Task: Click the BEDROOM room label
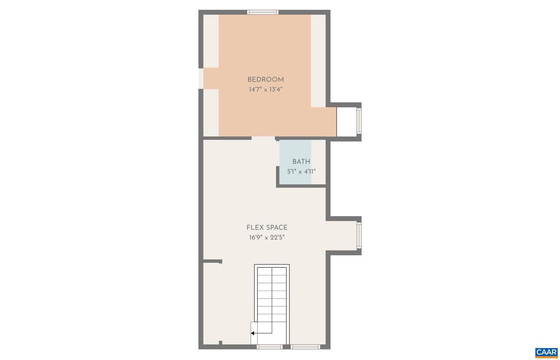[x=266, y=80]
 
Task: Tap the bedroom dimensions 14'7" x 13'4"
[x=266, y=89]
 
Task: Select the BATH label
[x=301, y=162]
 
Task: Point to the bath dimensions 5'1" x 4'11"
[x=301, y=171]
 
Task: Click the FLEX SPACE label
[x=267, y=228]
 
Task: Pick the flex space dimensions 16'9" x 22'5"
[x=267, y=238]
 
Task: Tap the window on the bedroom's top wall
[x=263, y=12]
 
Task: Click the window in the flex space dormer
[x=359, y=236]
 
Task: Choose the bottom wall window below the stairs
[x=269, y=346]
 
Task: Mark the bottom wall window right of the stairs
[x=306, y=346]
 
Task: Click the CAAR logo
[x=546, y=353]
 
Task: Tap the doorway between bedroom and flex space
[x=263, y=138]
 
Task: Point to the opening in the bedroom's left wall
[x=201, y=79]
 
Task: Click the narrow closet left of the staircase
[x=211, y=303]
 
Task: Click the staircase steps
[x=272, y=295]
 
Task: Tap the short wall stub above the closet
[x=212, y=261]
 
